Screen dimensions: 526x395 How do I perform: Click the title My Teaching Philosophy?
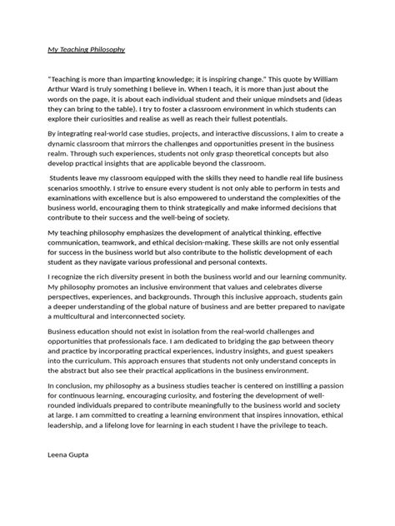click(x=86, y=49)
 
